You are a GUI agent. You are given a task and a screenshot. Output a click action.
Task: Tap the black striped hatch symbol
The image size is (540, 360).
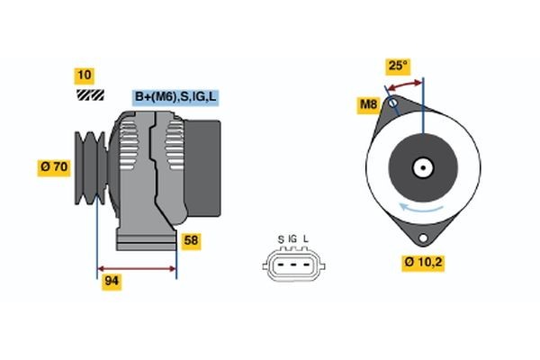coord(88,94)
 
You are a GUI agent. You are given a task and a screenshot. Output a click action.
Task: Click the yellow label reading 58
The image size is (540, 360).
coord(191,241)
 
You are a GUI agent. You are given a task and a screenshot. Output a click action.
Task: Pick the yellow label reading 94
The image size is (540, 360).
coord(112,281)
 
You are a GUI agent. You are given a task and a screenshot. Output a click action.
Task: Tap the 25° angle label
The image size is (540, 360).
coord(397,66)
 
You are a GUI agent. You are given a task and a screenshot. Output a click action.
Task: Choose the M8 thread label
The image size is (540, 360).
coord(368,105)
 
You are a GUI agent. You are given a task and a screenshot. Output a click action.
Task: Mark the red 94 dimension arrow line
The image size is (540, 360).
coord(137,268)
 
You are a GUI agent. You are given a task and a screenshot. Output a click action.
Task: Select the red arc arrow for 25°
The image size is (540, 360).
coord(405,83)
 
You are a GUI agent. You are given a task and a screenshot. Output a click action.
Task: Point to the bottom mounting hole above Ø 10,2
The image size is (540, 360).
coord(422,238)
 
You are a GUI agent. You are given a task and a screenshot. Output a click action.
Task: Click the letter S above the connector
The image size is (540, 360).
coord(281,238)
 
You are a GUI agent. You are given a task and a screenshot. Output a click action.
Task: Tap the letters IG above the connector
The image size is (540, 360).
coord(292,238)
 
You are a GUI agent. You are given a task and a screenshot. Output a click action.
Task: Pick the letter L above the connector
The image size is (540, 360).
coord(306,238)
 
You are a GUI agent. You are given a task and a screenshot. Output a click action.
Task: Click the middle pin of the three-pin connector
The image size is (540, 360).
coord(293,266)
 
